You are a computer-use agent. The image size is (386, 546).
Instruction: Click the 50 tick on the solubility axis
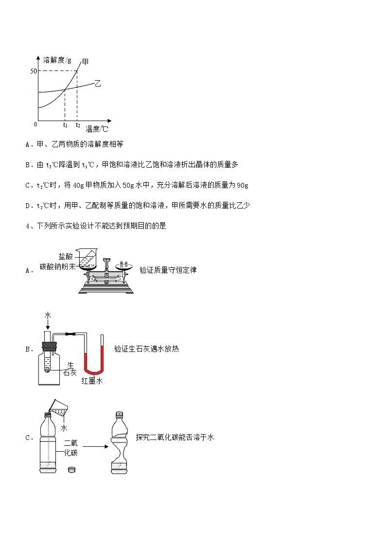pyautogui.click(x=33, y=71)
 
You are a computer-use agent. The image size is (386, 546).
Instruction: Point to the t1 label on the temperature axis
pyautogui.click(x=65, y=125)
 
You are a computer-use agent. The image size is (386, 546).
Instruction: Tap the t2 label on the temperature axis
pyautogui.click(x=77, y=125)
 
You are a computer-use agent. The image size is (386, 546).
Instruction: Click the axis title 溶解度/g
pyautogui.click(x=57, y=60)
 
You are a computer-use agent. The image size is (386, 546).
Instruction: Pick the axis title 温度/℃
pyautogui.click(x=96, y=129)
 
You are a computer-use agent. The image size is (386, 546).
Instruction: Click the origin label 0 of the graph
pyautogui.click(x=35, y=124)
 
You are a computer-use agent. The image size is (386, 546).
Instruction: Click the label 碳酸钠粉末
pyautogui.click(x=58, y=266)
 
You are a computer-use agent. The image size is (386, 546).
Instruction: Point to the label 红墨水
pyautogui.click(x=92, y=381)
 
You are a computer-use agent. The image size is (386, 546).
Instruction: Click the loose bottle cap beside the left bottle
pyautogui.click(x=72, y=470)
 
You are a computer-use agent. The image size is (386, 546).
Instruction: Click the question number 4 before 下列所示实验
pyautogui.click(x=28, y=226)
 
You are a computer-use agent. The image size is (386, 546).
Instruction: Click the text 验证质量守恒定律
pyautogui.click(x=168, y=270)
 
